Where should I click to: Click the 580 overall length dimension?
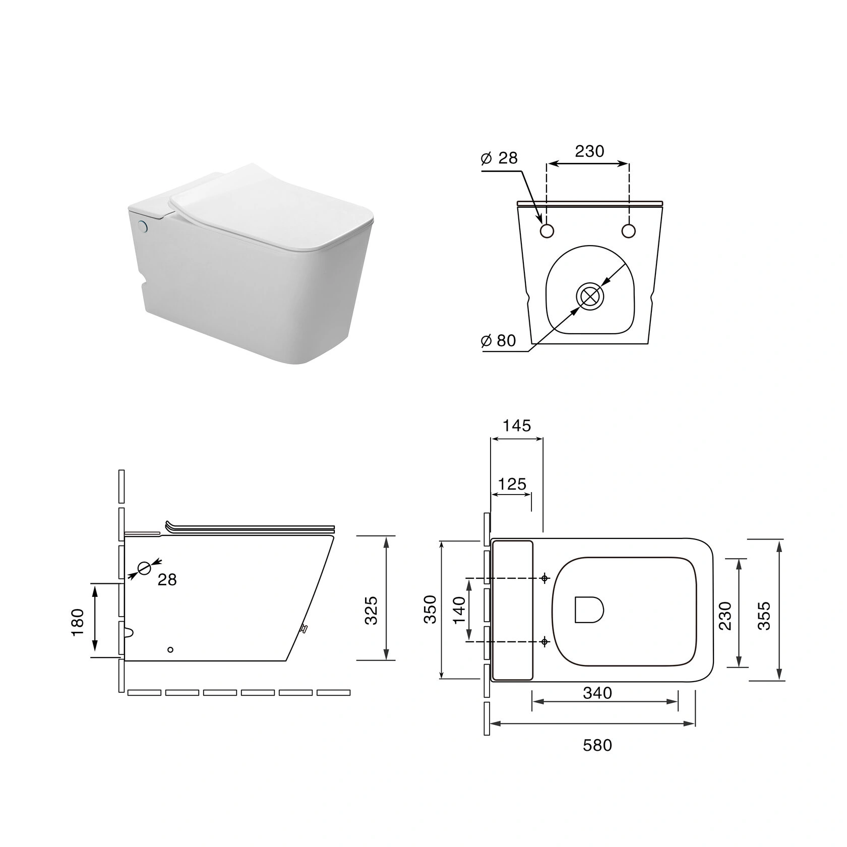tap(597, 745)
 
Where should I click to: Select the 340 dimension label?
tap(597, 693)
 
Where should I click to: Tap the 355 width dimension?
tap(764, 615)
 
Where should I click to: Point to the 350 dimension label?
tap(430, 610)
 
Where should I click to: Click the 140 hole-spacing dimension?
tap(459, 610)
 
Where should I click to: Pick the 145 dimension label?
tap(517, 426)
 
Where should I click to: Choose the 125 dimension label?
tap(512, 484)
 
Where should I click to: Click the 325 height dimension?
tap(371, 610)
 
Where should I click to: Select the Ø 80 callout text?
tap(499, 341)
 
